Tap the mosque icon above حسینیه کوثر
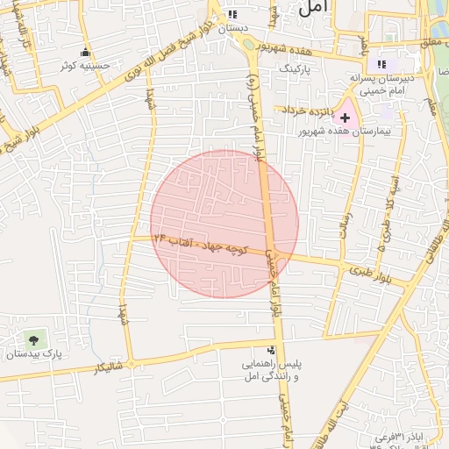coord(85,52)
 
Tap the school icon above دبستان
coord(232,14)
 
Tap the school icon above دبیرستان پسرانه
coord(381,64)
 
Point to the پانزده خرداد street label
coord(307,110)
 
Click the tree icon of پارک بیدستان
coord(33,338)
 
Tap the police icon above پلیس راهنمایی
coord(270,350)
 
